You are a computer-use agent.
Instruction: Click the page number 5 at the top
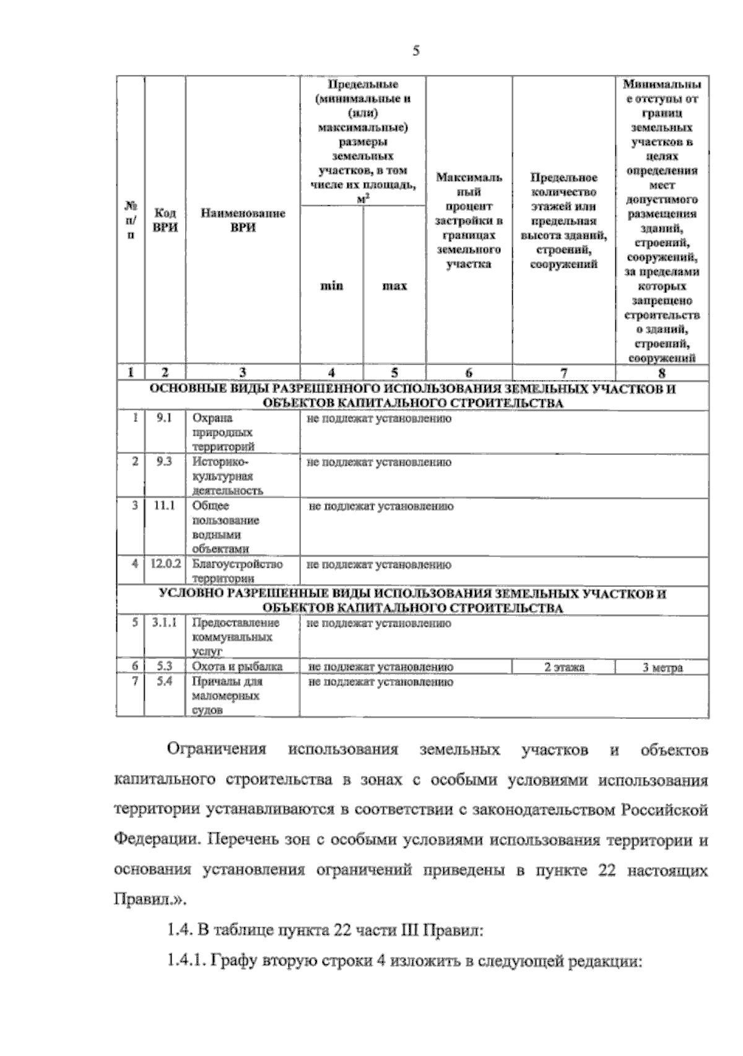(416, 51)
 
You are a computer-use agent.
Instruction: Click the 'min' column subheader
(332, 286)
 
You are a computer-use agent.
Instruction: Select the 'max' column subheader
(394, 286)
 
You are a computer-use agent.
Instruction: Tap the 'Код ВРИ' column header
(165, 220)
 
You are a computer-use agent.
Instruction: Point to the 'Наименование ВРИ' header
(243, 220)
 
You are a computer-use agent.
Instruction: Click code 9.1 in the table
(164, 418)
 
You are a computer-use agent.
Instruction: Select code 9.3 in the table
(164, 462)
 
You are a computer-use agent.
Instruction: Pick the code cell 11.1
(164, 506)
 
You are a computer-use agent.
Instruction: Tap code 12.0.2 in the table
(165, 564)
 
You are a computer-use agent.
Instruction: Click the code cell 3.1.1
(164, 623)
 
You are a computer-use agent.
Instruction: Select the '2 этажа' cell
(563, 667)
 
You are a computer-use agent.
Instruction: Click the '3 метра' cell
(662, 667)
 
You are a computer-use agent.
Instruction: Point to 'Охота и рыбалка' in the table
(237, 667)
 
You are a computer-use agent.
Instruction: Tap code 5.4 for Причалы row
(164, 681)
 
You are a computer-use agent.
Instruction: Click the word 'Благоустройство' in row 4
(237, 564)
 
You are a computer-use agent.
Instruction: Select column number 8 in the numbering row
(661, 372)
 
